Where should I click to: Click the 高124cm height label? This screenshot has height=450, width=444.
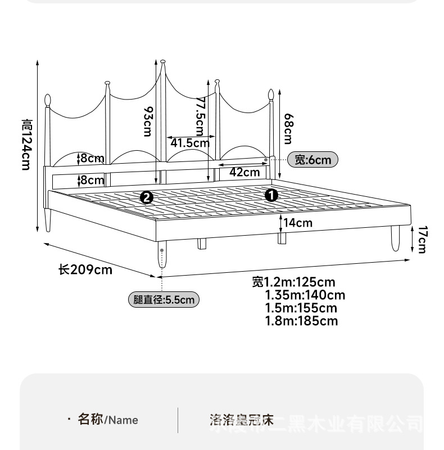(26, 145)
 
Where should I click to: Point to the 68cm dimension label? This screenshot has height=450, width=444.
(288, 128)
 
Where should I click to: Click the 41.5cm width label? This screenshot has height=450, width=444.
(190, 143)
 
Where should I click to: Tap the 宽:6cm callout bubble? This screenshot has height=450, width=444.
(313, 160)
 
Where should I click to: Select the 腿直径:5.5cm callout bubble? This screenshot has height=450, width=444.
(164, 299)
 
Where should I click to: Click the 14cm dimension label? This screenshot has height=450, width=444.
(297, 223)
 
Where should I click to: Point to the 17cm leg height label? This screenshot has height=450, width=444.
(422, 239)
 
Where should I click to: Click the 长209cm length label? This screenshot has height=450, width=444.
(85, 270)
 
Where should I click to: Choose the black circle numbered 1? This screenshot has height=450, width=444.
(271, 195)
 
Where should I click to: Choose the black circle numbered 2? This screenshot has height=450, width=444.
(147, 197)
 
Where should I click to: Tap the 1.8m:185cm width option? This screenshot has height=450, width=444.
(302, 321)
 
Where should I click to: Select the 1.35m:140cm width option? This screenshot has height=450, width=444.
(305, 295)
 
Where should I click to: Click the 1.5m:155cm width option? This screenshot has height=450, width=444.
(301, 308)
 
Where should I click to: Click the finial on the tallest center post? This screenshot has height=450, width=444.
(163, 61)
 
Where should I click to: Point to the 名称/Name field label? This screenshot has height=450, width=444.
(107, 420)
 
